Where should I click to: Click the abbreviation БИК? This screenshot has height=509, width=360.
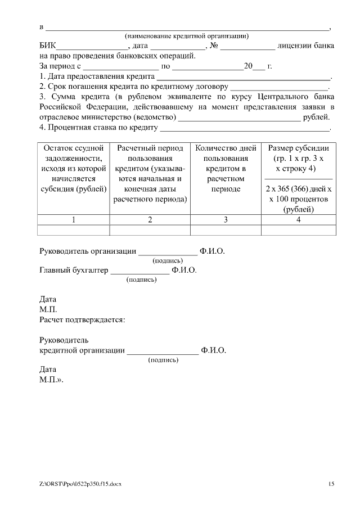click(48, 46)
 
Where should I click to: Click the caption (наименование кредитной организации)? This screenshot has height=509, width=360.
click(187, 36)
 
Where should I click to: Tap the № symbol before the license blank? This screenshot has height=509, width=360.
click(214, 46)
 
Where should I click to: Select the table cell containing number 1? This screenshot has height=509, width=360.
click(73, 220)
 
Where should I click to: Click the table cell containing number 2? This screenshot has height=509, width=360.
click(150, 220)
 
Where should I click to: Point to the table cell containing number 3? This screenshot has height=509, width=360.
click(225, 220)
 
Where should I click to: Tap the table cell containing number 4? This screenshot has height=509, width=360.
click(299, 220)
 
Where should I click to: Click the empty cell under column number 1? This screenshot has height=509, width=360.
click(73, 229)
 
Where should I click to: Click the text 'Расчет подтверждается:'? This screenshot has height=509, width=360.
click(82, 319)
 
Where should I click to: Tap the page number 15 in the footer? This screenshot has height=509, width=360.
click(331, 484)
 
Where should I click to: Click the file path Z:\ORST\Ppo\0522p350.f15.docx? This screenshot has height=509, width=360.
click(80, 484)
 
